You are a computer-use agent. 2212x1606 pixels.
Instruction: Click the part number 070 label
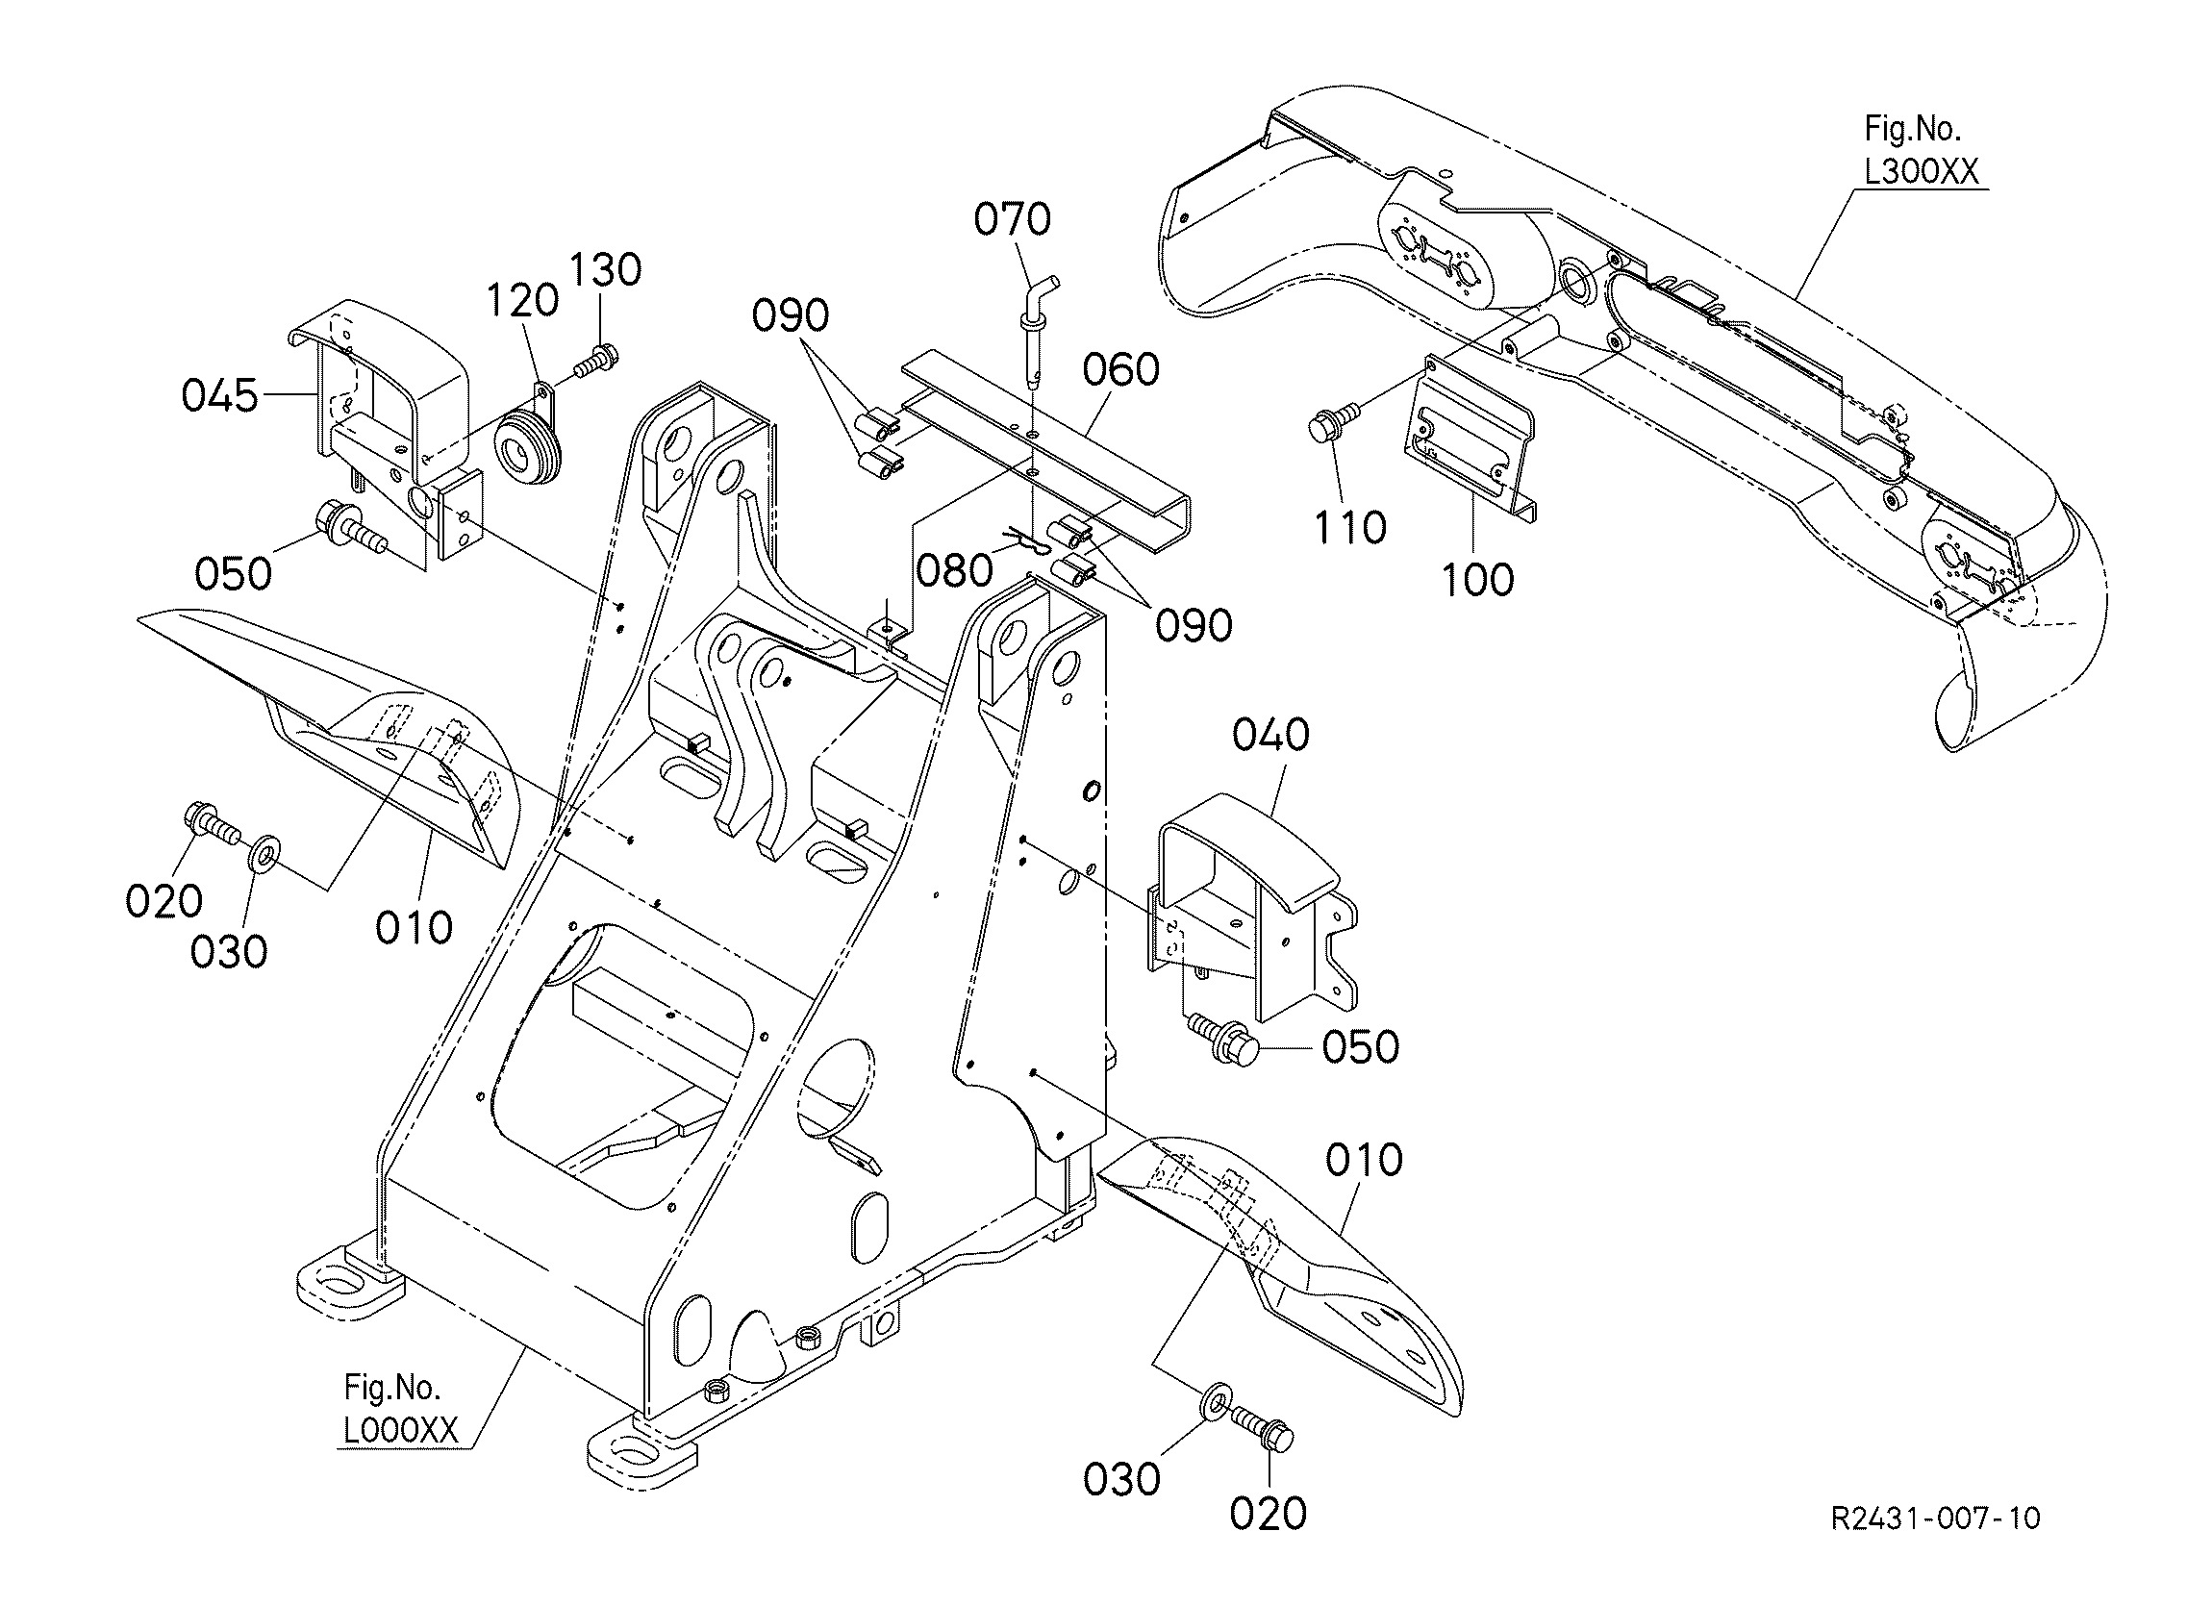click(1013, 219)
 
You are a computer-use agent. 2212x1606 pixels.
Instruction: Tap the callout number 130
click(605, 270)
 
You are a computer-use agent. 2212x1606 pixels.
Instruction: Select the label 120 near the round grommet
click(522, 301)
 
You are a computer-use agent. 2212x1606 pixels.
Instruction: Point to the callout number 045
click(220, 396)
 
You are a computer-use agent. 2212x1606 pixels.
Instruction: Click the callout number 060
click(1121, 369)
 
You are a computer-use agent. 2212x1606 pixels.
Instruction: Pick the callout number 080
click(955, 570)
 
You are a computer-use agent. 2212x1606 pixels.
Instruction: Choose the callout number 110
click(1350, 528)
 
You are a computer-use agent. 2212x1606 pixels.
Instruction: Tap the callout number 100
click(1476, 579)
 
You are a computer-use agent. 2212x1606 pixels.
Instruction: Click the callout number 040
click(1270, 736)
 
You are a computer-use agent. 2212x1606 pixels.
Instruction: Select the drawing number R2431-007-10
click(1935, 1518)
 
